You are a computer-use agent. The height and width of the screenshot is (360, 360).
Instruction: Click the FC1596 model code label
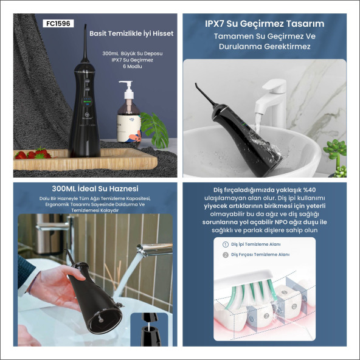[x=58, y=24]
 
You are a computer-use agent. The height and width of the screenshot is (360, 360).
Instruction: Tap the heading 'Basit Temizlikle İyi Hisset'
[x=131, y=33]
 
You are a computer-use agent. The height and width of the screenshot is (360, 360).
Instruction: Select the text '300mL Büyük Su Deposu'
[x=133, y=54]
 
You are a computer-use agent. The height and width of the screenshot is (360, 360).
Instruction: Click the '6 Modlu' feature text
[x=133, y=66]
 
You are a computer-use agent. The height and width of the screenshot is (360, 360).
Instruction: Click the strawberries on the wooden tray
[x=33, y=154]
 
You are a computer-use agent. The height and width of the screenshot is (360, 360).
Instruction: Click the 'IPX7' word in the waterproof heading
[x=215, y=24]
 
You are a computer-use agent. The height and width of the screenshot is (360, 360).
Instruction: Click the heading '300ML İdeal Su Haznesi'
[x=95, y=189]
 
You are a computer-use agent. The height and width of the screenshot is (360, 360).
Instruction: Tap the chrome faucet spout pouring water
[x=154, y=249]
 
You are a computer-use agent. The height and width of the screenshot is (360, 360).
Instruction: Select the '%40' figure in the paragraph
[x=309, y=190]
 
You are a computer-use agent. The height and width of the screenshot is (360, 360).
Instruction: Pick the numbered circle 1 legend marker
[x=226, y=244]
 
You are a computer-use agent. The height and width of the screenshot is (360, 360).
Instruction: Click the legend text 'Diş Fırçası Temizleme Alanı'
[x=260, y=255]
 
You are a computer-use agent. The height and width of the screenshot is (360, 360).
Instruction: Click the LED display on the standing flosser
[x=87, y=101]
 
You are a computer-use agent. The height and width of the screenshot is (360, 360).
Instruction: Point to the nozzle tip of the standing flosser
[x=85, y=26]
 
